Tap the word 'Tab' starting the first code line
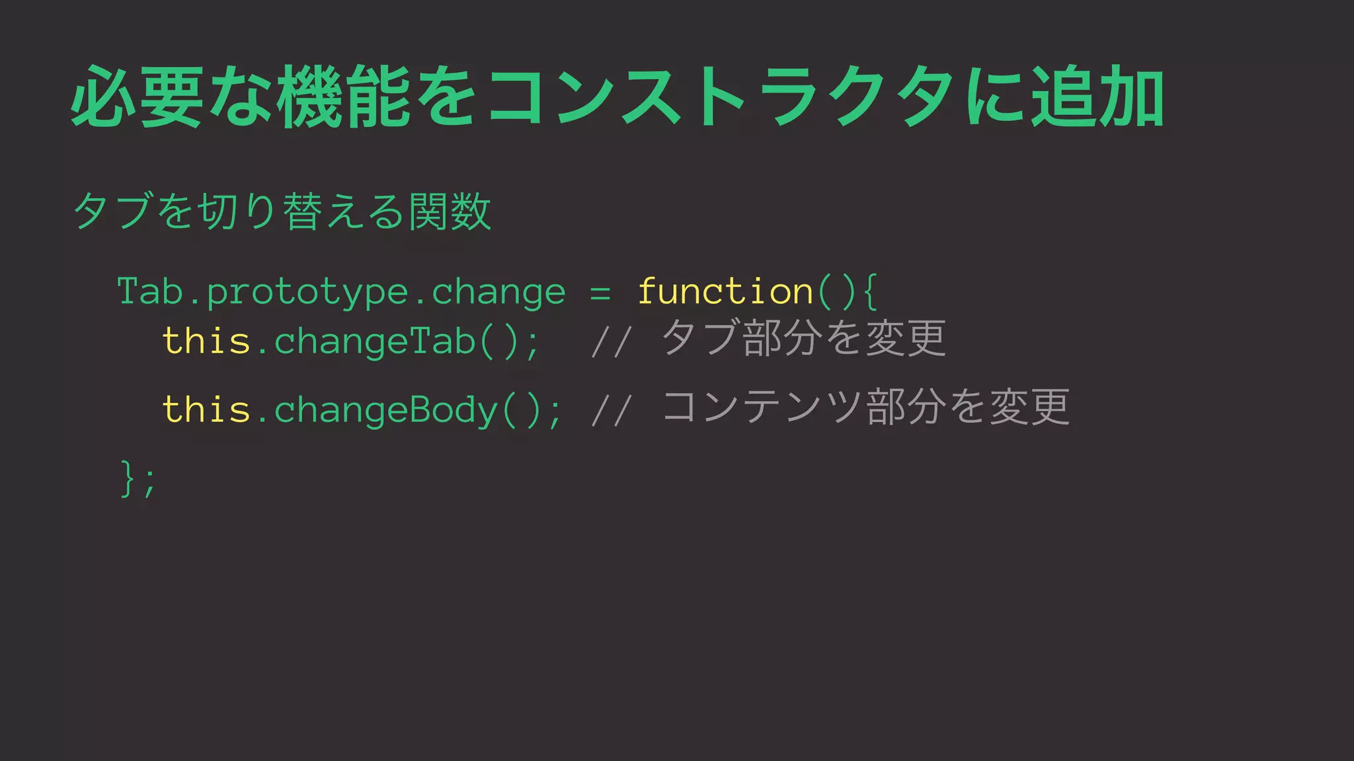pos(150,291)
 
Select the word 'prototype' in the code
pos(307,293)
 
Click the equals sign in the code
pos(600,293)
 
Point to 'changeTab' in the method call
pos(375,341)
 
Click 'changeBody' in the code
pos(386,410)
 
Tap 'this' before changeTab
pos(206,341)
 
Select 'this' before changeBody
pos(206,410)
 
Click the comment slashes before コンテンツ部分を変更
pos(612,410)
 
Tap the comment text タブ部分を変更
pos(804,338)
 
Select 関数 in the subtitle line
pos(450,212)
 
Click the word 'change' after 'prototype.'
pos(498,293)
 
